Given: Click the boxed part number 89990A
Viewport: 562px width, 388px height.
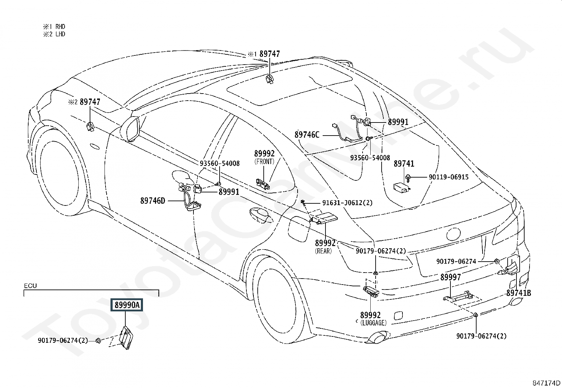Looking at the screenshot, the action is tap(127, 305).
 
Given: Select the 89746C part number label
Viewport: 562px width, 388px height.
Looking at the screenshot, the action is tap(307, 135).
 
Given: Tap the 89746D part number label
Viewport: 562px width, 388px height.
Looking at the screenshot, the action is tap(153, 201).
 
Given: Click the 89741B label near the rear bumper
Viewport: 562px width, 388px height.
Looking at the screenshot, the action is tap(519, 293).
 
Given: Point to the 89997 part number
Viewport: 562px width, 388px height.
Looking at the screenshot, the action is tap(450, 277).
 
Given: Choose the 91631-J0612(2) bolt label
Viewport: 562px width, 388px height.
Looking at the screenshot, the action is tap(347, 203).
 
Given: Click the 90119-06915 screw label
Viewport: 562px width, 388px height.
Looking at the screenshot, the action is tap(449, 177).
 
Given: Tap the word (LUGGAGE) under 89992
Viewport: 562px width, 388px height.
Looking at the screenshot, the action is tap(373, 323).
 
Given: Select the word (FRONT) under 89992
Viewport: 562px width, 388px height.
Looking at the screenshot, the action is tap(264, 161).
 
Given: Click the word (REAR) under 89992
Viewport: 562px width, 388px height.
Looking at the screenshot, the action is tap(323, 251).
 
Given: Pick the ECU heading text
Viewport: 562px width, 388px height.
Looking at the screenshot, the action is tap(30, 286).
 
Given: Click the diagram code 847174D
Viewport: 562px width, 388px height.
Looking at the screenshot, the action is tap(546, 383).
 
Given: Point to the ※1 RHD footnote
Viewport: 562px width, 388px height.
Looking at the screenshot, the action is tap(54, 26).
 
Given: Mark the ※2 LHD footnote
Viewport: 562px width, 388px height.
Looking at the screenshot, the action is tap(54, 34).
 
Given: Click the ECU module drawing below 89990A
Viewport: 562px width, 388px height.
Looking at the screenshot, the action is tap(127, 337).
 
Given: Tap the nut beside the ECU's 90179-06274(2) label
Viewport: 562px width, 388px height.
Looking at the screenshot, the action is tap(98, 341).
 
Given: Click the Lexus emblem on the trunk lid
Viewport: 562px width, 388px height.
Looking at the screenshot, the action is tap(453, 234).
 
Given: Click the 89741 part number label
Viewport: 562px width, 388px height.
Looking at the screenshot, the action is tap(404, 163).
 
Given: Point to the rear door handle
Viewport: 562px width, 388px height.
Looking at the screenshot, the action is tap(261, 215).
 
